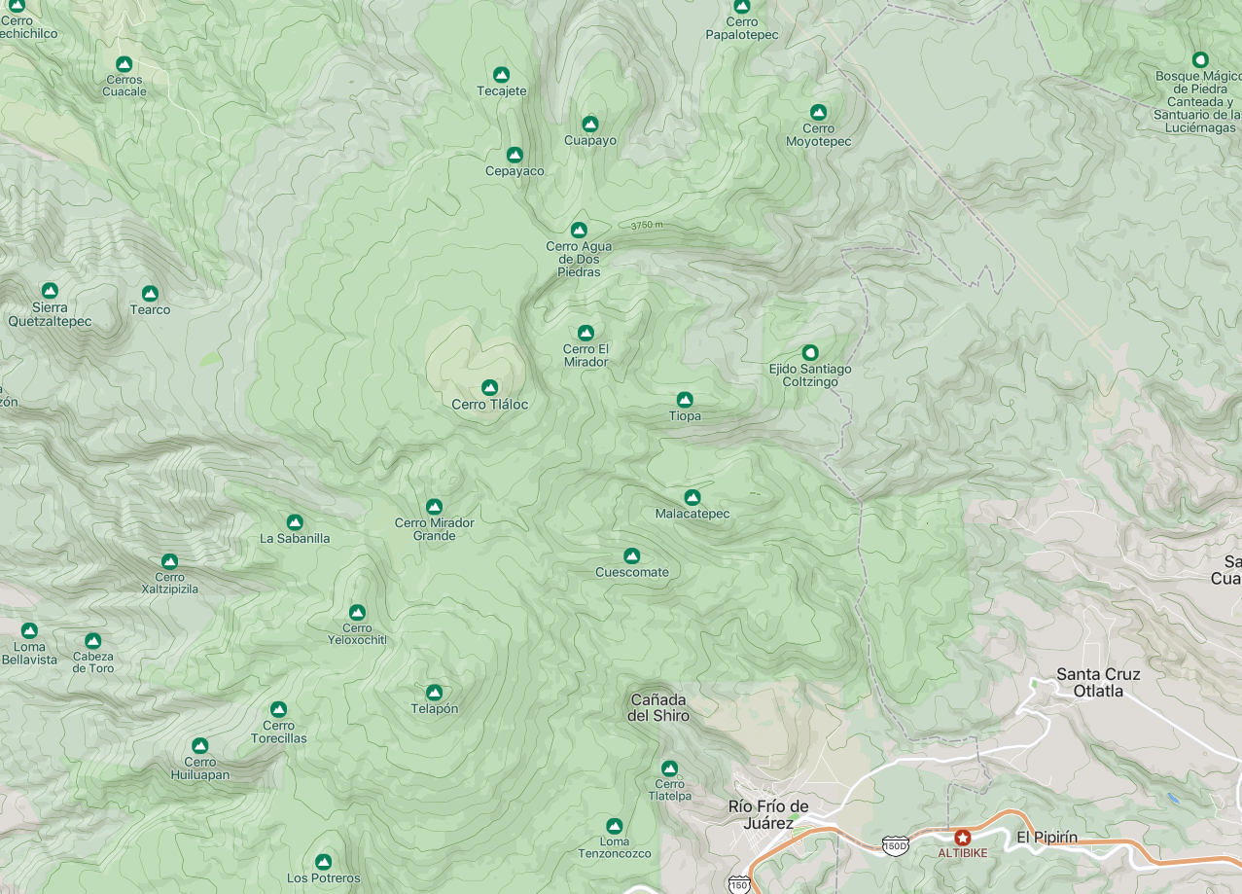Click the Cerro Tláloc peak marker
pyautogui.click(x=489, y=388)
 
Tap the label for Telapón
pyautogui.click(x=435, y=709)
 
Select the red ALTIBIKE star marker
pyautogui.click(x=963, y=838)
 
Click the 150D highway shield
pyautogui.click(x=896, y=844)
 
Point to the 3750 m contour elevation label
pyautogui.click(x=647, y=225)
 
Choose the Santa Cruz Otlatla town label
pyautogui.click(x=1098, y=683)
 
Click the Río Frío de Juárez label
pyautogui.click(x=768, y=814)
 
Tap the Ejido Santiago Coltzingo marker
pyautogui.click(x=810, y=352)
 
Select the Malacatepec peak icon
pyautogui.click(x=692, y=498)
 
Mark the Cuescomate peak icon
pyautogui.click(x=632, y=556)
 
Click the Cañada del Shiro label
pyautogui.click(x=658, y=708)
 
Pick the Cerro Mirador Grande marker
pyautogui.click(x=435, y=507)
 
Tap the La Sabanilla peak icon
pyautogui.click(x=295, y=522)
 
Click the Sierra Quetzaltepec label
pyautogui.click(x=50, y=314)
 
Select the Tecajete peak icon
pyautogui.click(x=502, y=75)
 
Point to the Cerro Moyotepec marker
pyautogui.click(x=819, y=113)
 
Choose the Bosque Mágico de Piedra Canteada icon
pyautogui.click(x=1200, y=60)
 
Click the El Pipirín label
pyautogui.click(x=1047, y=838)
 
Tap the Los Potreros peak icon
pyautogui.click(x=324, y=862)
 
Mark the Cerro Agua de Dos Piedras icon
pyautogui.click(x=579, y=231)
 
